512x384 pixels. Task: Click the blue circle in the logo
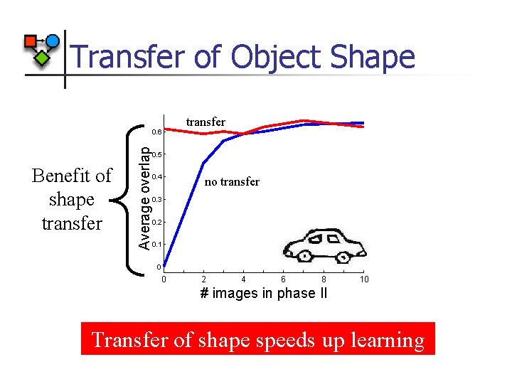52,41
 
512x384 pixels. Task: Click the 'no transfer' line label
232,182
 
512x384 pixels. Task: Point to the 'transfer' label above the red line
206,122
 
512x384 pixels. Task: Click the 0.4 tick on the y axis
157,177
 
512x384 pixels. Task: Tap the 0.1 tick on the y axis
157,245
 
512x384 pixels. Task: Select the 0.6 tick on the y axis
157,132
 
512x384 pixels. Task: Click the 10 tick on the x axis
364,279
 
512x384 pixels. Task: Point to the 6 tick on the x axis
283,279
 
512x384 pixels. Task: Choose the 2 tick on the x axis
204,279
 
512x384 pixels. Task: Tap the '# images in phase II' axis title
264,294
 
